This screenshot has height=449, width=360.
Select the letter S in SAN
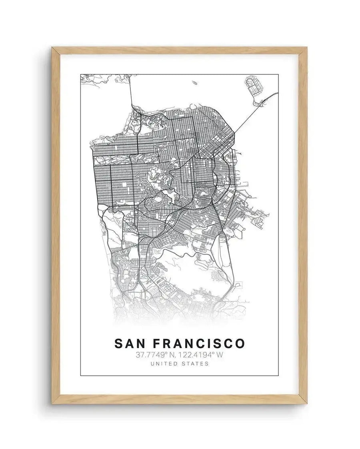point(119,343)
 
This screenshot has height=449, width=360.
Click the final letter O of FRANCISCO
point(240,343)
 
